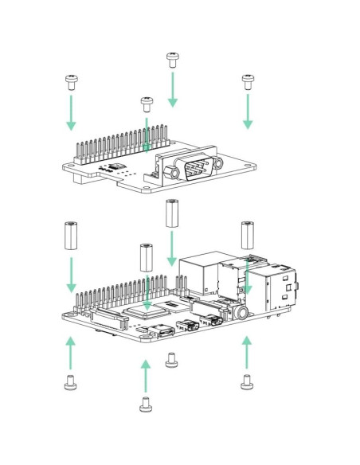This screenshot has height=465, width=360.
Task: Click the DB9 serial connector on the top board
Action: point(190,168)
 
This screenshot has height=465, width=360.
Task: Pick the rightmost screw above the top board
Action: point(247,80)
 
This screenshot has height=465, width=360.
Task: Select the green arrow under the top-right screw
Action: point(248,112)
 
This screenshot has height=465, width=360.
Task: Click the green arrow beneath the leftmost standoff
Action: point(71,273)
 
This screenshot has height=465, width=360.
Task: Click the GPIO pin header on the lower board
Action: point(127,295)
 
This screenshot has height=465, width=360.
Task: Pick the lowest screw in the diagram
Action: point(145,404)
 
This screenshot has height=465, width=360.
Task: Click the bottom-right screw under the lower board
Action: point(247,382)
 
